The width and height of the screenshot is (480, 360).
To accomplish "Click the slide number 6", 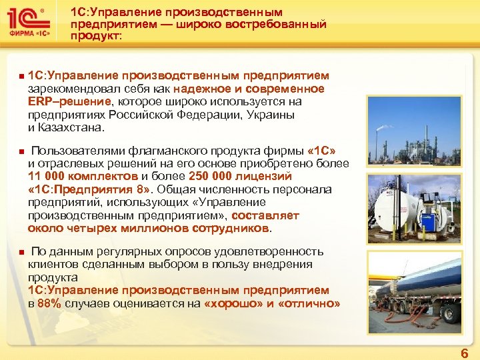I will click(x=465, y=353).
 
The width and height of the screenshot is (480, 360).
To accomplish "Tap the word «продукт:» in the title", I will click(x=96, y=37).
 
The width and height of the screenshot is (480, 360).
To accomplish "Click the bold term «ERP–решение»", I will click(x=69, y=101).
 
